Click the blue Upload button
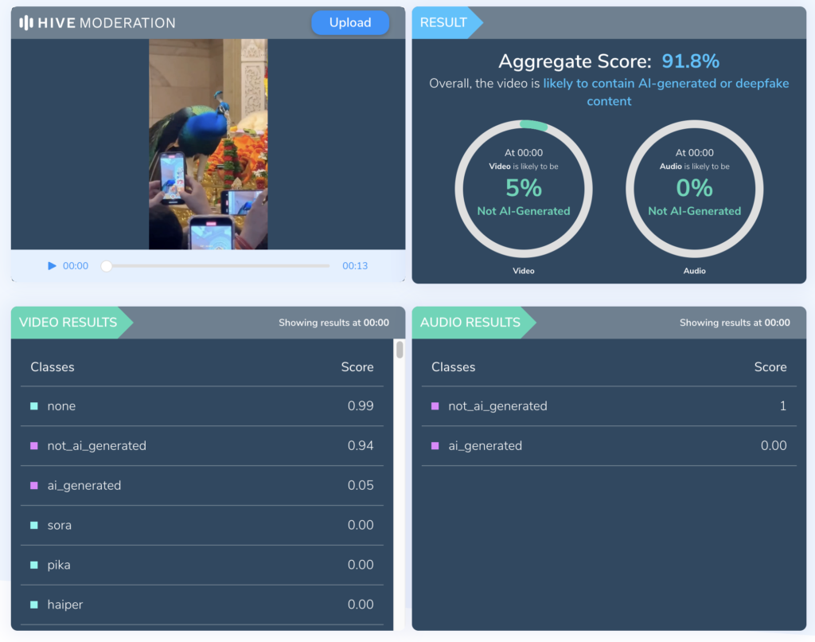click(350, 23)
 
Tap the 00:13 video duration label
click(355, 266)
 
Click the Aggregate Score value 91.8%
click(691, 61)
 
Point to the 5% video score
click(524, 188)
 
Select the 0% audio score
click(694, 188)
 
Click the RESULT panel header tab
click(444, 22)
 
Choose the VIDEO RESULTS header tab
click(68, 323)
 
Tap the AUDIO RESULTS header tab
click(470, 323)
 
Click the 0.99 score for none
click(361, 406)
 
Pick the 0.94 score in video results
click(361, 446)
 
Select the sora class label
click(60, 526)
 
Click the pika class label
click(59, 566)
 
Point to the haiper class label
click(65, 605)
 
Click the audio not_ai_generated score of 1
click(782, 406)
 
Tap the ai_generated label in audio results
click(485, 446)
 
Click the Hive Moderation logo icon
click(26, 23)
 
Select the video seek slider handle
click(107, 266)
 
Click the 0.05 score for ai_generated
click(361, 486)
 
